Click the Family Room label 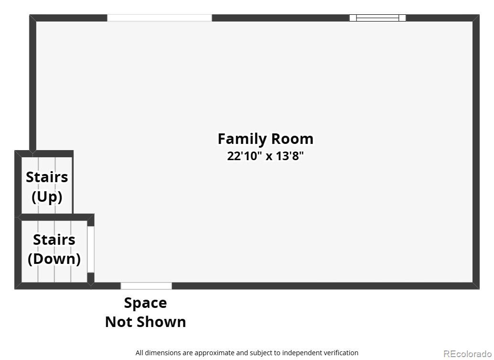point(265,139)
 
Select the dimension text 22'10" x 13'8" point(265,156)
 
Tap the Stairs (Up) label point(47,186)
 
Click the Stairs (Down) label point(54,249)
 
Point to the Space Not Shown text point(145,312)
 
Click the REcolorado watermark point(467,354)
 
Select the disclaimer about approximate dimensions point(247,353)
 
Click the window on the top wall point(377,18)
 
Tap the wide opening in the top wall point(159,18)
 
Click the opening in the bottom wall point(146,286)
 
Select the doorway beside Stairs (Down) point(90,249)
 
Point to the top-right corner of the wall point(476,18)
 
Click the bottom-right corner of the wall point(476,285)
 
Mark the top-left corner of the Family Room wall point(32,18)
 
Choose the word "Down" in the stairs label point(54,259)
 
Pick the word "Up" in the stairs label point(47,196)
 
